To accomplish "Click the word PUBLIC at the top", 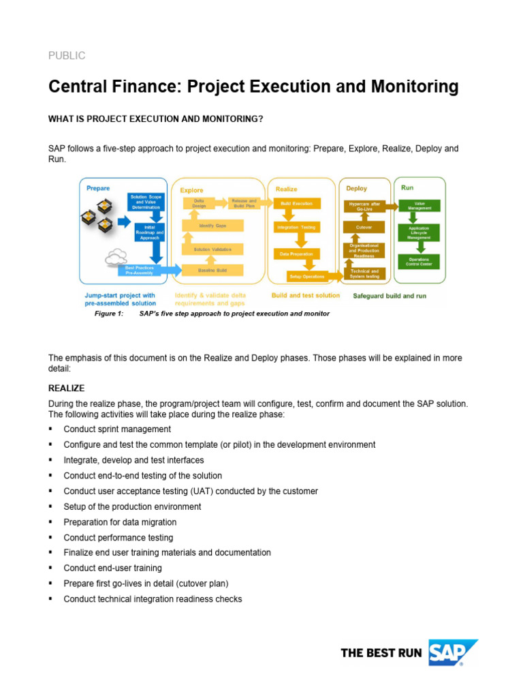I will pos(66,56).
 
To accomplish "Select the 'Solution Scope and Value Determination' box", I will pos(145,202).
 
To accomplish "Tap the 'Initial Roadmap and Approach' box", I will pos(150,232).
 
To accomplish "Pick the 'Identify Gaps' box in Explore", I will pos(212,226).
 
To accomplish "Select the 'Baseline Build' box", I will pos(212,271).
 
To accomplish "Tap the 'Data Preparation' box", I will pos(296,254).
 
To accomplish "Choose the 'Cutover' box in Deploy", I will pos(364,227).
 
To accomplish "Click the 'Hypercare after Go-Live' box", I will pos(364,205).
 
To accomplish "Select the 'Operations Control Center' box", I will pos(418,261).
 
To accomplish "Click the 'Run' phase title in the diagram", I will pos(407,187).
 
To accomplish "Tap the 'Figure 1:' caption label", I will pos(108,314).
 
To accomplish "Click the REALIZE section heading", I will pos(66,388).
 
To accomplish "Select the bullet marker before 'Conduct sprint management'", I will pos(51,429).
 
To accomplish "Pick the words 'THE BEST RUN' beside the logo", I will pos(381,653).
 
